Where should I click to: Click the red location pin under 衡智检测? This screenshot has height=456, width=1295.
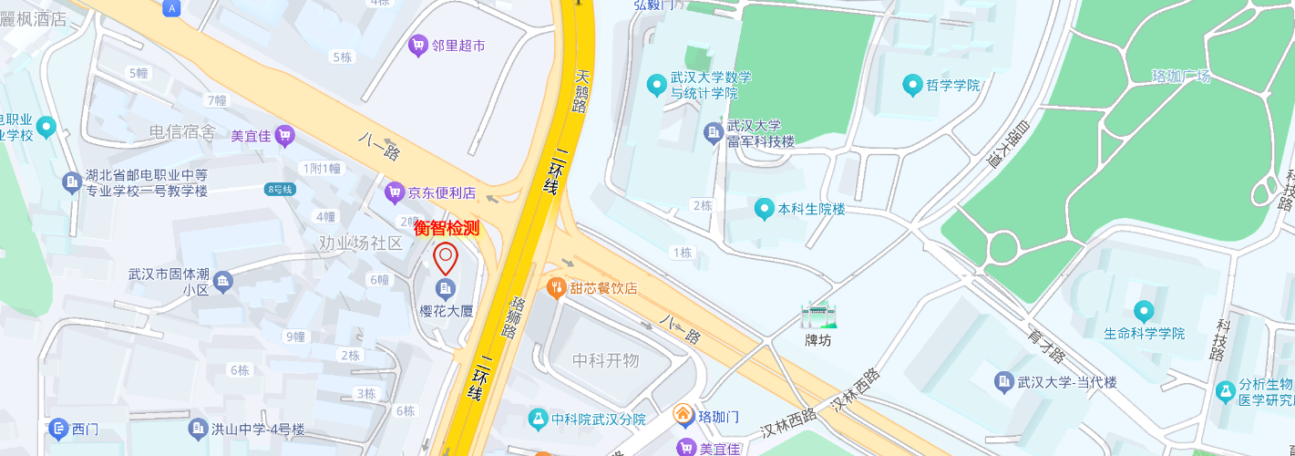445,258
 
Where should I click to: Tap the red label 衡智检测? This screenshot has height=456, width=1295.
447,228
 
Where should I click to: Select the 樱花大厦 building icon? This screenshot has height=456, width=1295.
445,290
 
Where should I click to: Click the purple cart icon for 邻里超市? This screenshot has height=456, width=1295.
418,45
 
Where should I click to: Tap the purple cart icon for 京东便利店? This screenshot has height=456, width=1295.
394,192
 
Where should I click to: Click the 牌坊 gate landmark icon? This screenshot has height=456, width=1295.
817,315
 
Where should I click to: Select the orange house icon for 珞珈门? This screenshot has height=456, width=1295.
683,415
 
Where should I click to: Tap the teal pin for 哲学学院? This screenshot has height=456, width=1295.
911,86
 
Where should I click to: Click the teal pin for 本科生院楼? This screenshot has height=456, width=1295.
765,209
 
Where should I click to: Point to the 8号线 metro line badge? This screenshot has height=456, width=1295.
280,189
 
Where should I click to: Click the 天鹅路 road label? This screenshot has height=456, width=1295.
581,91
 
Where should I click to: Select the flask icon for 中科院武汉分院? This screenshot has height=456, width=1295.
538,419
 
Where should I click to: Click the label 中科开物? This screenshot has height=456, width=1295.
605,360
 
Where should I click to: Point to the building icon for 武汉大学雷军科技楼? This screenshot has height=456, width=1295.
714,134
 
